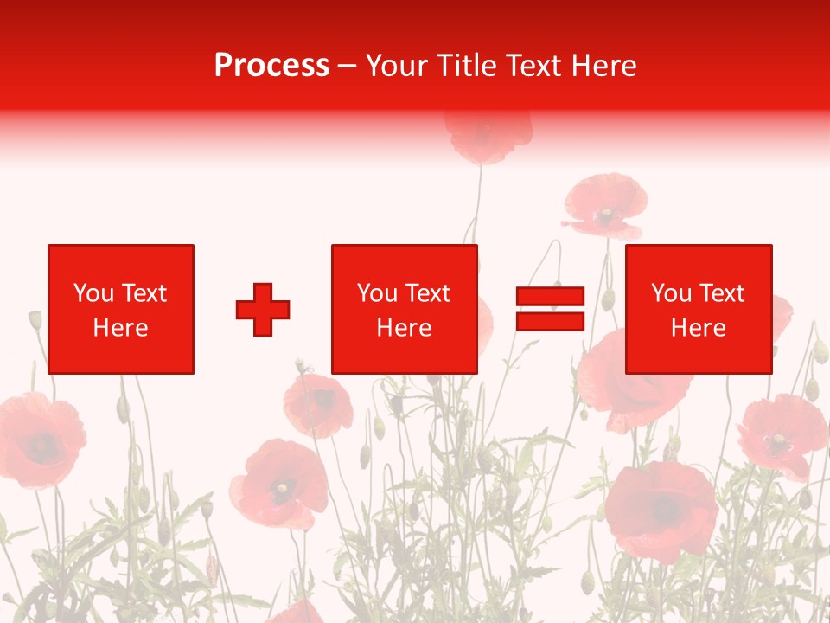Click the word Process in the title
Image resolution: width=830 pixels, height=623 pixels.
point(271,66)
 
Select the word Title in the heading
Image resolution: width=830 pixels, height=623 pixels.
point(467,66)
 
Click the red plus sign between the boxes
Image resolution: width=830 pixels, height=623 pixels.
point(263,309)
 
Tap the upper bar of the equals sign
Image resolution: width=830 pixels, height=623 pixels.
point(550,297)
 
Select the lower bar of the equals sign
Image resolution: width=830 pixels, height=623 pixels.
point(550,321)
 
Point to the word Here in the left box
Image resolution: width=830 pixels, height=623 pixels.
point(120,328)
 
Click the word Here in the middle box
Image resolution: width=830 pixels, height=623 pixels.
point(404,328)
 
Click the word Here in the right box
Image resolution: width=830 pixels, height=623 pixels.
point(698,328)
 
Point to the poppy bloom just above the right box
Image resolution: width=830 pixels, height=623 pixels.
point(605,204)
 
